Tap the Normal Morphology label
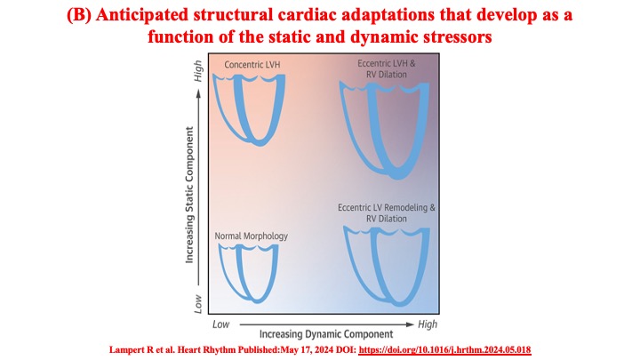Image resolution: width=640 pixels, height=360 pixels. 252,236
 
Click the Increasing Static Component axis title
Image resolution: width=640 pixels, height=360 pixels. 190,195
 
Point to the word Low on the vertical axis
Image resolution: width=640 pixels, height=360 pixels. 197,303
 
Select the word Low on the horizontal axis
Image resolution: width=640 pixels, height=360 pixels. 221,324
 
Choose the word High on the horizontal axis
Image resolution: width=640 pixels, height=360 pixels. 427,324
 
